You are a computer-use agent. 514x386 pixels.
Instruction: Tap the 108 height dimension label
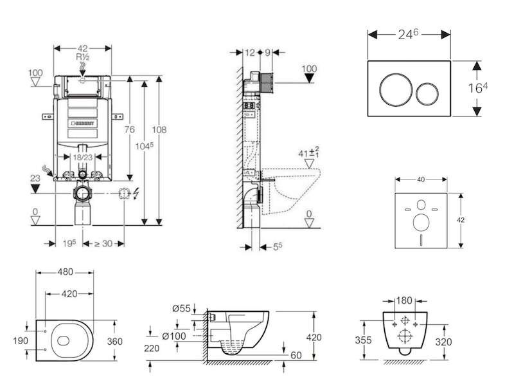click(x=159, y=130)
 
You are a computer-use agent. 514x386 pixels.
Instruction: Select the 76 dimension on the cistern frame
click(x=130, y=130)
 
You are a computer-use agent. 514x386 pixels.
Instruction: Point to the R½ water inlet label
click(x=83, y=57)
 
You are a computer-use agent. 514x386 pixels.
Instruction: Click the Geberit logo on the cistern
click(x=83, y=124)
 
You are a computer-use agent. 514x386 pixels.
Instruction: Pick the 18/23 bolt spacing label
click(x=83, y=157)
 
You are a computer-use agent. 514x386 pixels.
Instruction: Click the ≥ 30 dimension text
click(x=103, y=244)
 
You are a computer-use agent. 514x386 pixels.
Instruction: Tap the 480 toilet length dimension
click(x=66, y=272)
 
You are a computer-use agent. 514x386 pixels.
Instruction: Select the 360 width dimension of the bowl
click(x=115, y=342)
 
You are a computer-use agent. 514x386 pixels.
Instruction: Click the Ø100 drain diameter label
click(x=174, y=336)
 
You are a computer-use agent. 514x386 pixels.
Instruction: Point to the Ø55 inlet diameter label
click(x=182, y=309)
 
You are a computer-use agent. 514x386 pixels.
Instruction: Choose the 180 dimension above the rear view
click(x=404, y=300)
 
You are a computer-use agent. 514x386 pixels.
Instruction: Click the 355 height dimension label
click(x=363, y=340)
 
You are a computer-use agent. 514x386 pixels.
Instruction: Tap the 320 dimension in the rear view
click(x=443, y=342)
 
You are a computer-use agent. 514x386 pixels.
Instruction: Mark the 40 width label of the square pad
click(x=421, y=179)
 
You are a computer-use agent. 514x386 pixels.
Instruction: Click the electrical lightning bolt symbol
click(x=136, y=194)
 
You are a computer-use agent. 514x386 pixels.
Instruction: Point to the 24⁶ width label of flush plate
click(x=409, y=34)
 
